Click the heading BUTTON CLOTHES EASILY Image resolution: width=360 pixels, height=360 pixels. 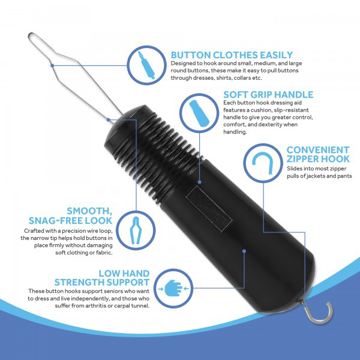point(232,55)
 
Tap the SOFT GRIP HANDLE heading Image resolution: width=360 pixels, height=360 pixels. point(268,95)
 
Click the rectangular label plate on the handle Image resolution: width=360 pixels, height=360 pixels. point(209,209)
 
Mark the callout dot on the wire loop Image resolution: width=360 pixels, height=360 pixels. point(52,65)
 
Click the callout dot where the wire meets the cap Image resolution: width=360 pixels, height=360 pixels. point(109,119)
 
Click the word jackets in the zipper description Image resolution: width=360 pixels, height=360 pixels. point(316,176)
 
